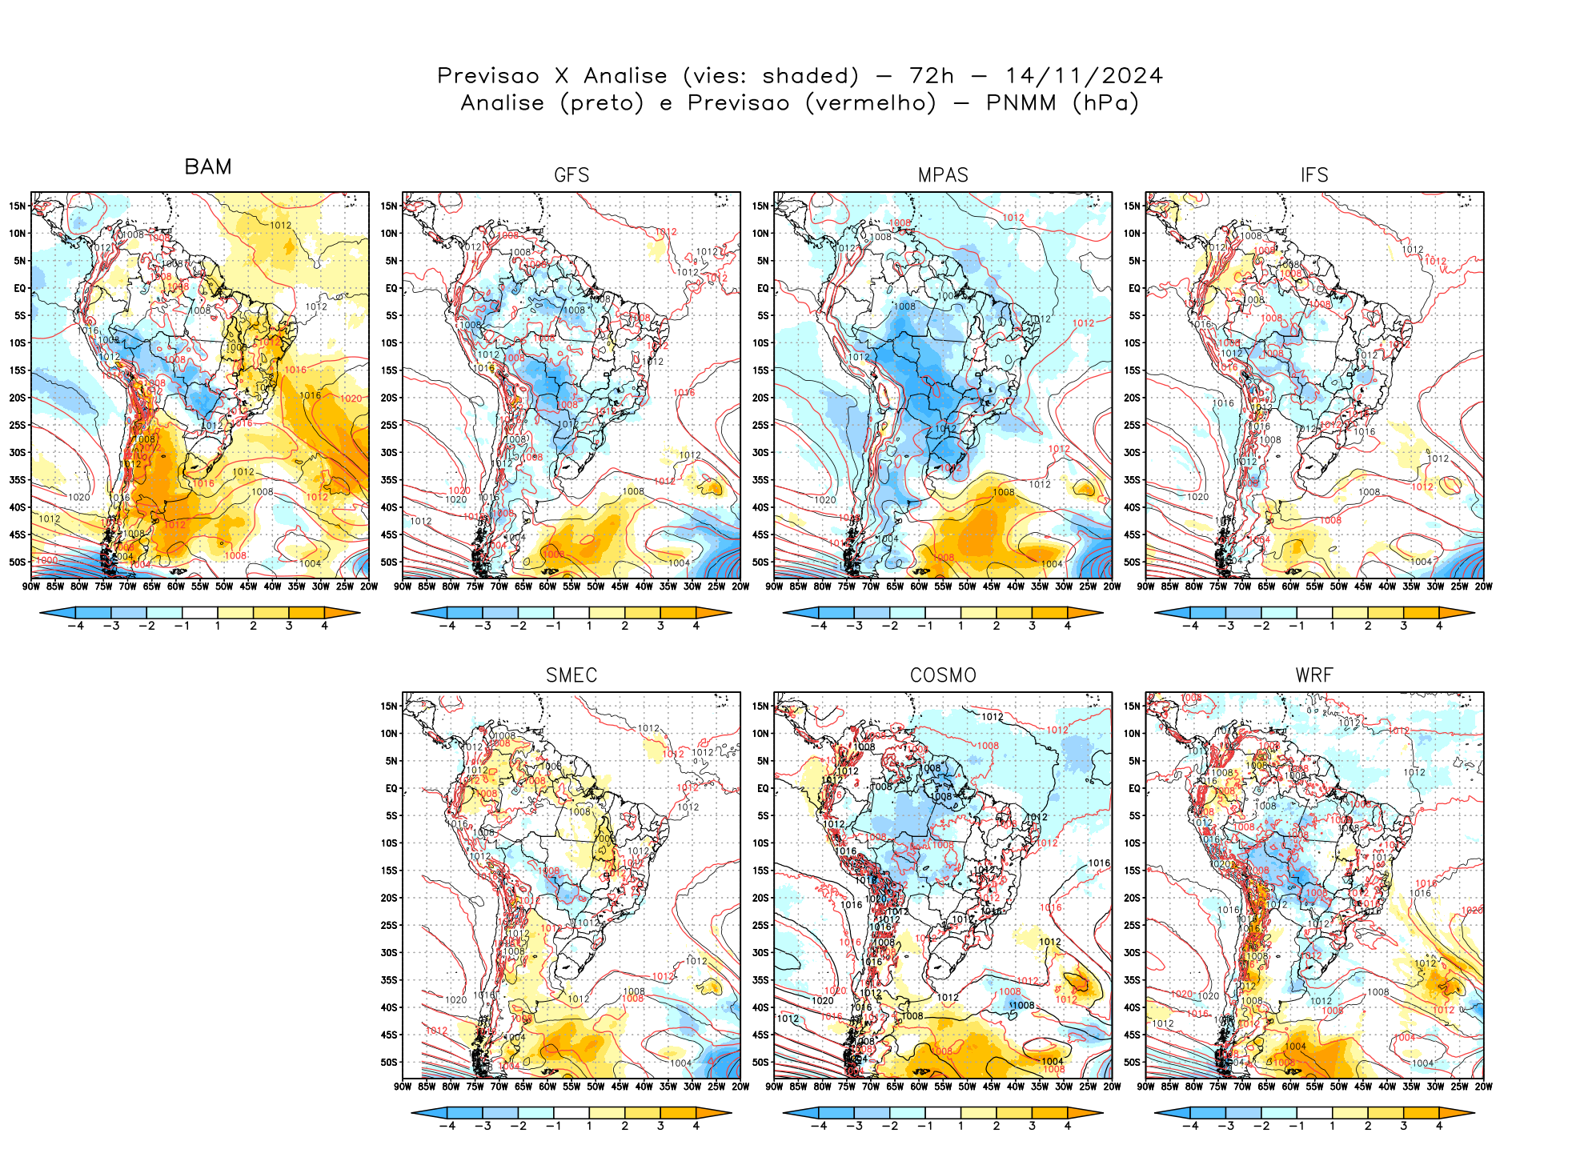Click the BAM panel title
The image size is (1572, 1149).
208,166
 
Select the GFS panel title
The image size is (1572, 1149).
571,175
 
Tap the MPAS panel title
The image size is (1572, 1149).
943,175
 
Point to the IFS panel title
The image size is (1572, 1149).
1314,175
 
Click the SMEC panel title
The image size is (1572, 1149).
571,675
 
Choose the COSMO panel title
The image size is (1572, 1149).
943,675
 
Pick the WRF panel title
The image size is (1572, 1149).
1314,675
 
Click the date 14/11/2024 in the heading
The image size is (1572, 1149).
1084,76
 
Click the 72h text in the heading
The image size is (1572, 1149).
932,76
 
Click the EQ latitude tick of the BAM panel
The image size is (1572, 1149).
20,288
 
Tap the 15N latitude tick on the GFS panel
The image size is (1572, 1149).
389,206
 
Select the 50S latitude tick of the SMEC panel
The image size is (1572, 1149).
389,1062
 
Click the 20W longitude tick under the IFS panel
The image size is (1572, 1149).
1483,587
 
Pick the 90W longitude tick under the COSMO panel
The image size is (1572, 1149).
774,1087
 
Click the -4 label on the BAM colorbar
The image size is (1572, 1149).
76,626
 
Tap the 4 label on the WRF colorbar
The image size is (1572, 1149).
1439,1126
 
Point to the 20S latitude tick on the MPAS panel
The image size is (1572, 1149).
760,398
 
